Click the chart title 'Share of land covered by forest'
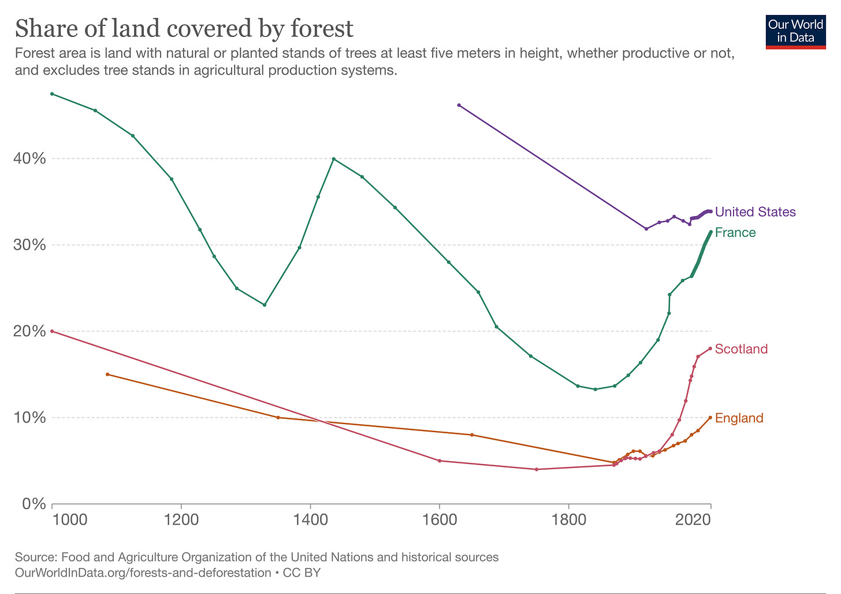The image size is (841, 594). tap(184, 28)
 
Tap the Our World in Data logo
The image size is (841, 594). tap(795, 31)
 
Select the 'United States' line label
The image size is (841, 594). tap(755, 212)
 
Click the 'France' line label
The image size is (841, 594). tap(735, 232)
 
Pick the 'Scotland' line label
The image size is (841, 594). tap(741, 349)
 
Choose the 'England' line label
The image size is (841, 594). tap(739, 418)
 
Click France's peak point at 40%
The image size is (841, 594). tap(334, 159)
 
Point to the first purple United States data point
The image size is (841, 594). tap(459, 105)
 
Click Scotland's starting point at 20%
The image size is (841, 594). tap(52, 331)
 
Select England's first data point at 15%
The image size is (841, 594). tap(107, 374)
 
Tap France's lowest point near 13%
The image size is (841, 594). tap(595, 389)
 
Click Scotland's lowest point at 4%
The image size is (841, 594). tap(537, 469)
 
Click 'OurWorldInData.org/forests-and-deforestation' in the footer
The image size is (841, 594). tap(143, 573)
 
